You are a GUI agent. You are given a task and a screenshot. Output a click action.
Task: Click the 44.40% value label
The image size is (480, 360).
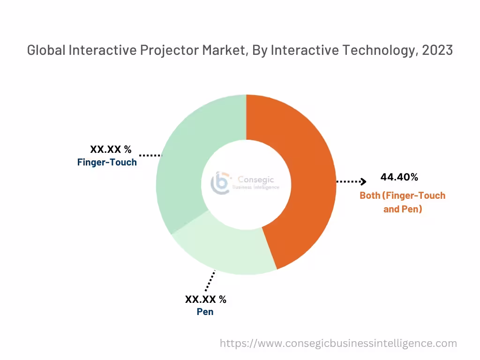tap(399, 177)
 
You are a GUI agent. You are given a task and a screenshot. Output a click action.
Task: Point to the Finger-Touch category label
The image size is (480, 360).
tap(107, 162)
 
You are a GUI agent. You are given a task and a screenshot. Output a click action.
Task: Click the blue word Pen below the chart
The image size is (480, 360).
tap(205, 312)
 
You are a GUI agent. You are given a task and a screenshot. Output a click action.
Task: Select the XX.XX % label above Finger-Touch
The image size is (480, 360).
tap(111, 150)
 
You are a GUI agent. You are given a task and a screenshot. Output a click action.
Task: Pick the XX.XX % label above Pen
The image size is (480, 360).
tap(205, 300)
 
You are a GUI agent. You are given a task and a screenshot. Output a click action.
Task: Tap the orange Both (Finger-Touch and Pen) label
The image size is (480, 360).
tap(402, 202)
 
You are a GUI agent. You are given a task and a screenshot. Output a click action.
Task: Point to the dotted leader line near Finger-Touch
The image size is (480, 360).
tap(150, 155)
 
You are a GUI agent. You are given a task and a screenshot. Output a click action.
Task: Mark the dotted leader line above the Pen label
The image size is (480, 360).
tap(210, 281)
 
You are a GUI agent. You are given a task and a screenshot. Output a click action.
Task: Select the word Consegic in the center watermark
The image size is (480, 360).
tap(256, 180)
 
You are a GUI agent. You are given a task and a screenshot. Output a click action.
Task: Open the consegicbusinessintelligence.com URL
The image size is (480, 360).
tap(338, 343)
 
